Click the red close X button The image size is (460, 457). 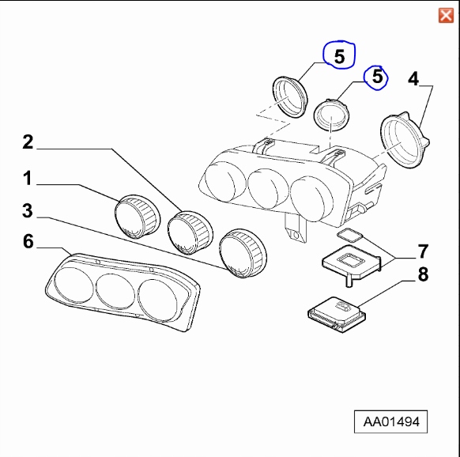pos(446,16)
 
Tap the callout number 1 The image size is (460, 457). pos(28,178)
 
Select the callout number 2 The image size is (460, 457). pos(28,142)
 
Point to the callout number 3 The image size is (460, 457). pos(28,211)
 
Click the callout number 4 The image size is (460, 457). pos(413,78)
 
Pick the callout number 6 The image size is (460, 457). pos(28,241)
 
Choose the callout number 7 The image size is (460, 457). pos(423,251)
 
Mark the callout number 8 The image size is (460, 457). pos(423,274)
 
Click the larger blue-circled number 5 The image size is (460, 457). pos(339,56)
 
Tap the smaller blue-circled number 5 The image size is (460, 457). pos(377,77)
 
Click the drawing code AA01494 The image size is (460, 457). pos(391,421)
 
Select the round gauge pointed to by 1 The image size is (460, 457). pos(138,216)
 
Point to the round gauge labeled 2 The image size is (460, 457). pos(190,232)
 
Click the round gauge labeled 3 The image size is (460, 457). pos(243,253)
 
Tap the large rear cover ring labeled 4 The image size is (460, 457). pos(404,140)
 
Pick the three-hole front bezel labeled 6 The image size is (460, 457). pos(123,292)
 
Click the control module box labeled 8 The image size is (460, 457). pos(337,315)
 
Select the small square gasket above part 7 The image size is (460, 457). pos(350,235)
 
